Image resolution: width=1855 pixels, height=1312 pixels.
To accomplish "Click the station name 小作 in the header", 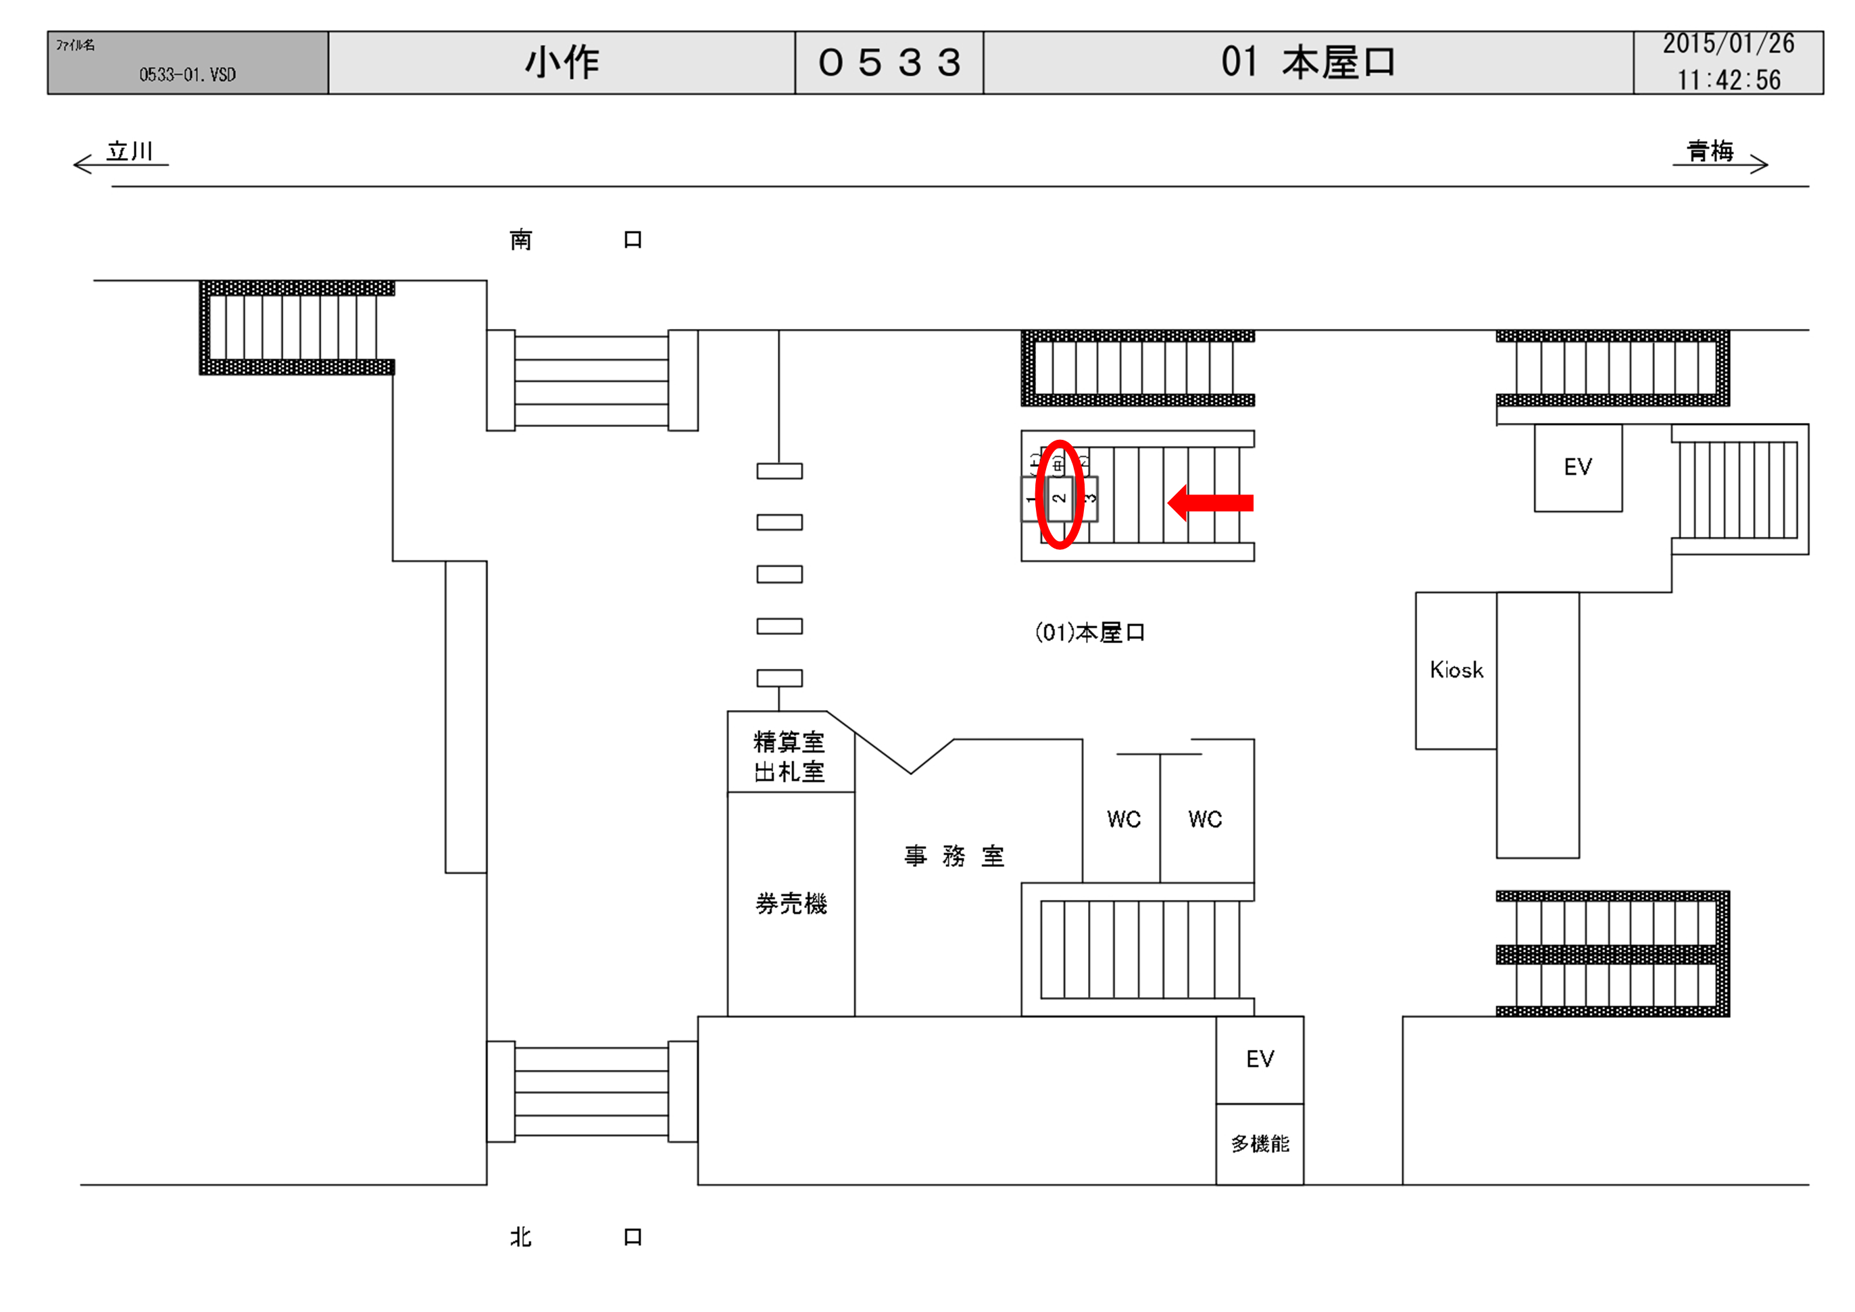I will click(562, 62).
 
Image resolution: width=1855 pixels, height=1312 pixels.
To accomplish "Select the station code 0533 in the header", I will click(889, 62).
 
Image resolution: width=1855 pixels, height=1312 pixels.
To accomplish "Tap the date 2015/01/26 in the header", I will click(1728, 44).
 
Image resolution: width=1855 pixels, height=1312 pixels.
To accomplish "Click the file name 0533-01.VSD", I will click(187, 75).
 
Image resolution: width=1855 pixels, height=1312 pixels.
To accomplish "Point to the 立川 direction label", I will click(129, 151).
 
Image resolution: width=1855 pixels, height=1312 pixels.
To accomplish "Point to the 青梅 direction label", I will click(1710, 151).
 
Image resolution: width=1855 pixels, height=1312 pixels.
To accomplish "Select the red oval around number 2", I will click(1059, 495).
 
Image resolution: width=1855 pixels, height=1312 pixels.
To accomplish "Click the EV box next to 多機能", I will click(1260, 1059).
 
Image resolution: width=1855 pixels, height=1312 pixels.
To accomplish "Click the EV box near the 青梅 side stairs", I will click(1577, 467).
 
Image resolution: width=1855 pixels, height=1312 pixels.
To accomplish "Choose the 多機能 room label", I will click(1260, 1144).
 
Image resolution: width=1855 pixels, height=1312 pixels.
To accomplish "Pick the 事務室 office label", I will click(954, 855).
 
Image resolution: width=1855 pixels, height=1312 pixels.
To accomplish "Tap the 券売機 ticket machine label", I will click(791, 903).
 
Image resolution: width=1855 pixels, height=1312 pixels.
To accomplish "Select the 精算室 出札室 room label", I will click(789, 756).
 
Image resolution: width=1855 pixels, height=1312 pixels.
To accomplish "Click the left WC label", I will click(1123, 819).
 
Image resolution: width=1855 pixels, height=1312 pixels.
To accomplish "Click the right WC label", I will click(1205, 819).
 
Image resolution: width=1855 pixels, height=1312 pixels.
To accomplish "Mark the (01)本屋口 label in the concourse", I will click(1090, 632).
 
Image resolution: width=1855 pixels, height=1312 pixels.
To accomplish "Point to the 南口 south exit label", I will click(575, 240).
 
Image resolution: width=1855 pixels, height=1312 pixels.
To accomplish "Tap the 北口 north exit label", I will click(575, 1237).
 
